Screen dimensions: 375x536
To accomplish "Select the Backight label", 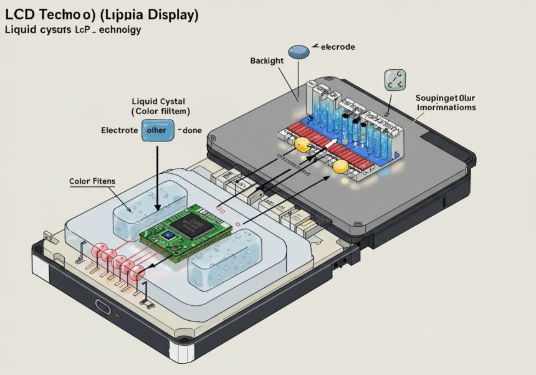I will (267, 60).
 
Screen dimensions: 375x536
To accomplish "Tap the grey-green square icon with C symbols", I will (394, 80).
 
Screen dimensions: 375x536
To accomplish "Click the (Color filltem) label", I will (160, 111).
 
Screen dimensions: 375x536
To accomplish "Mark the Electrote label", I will (120, 131).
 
